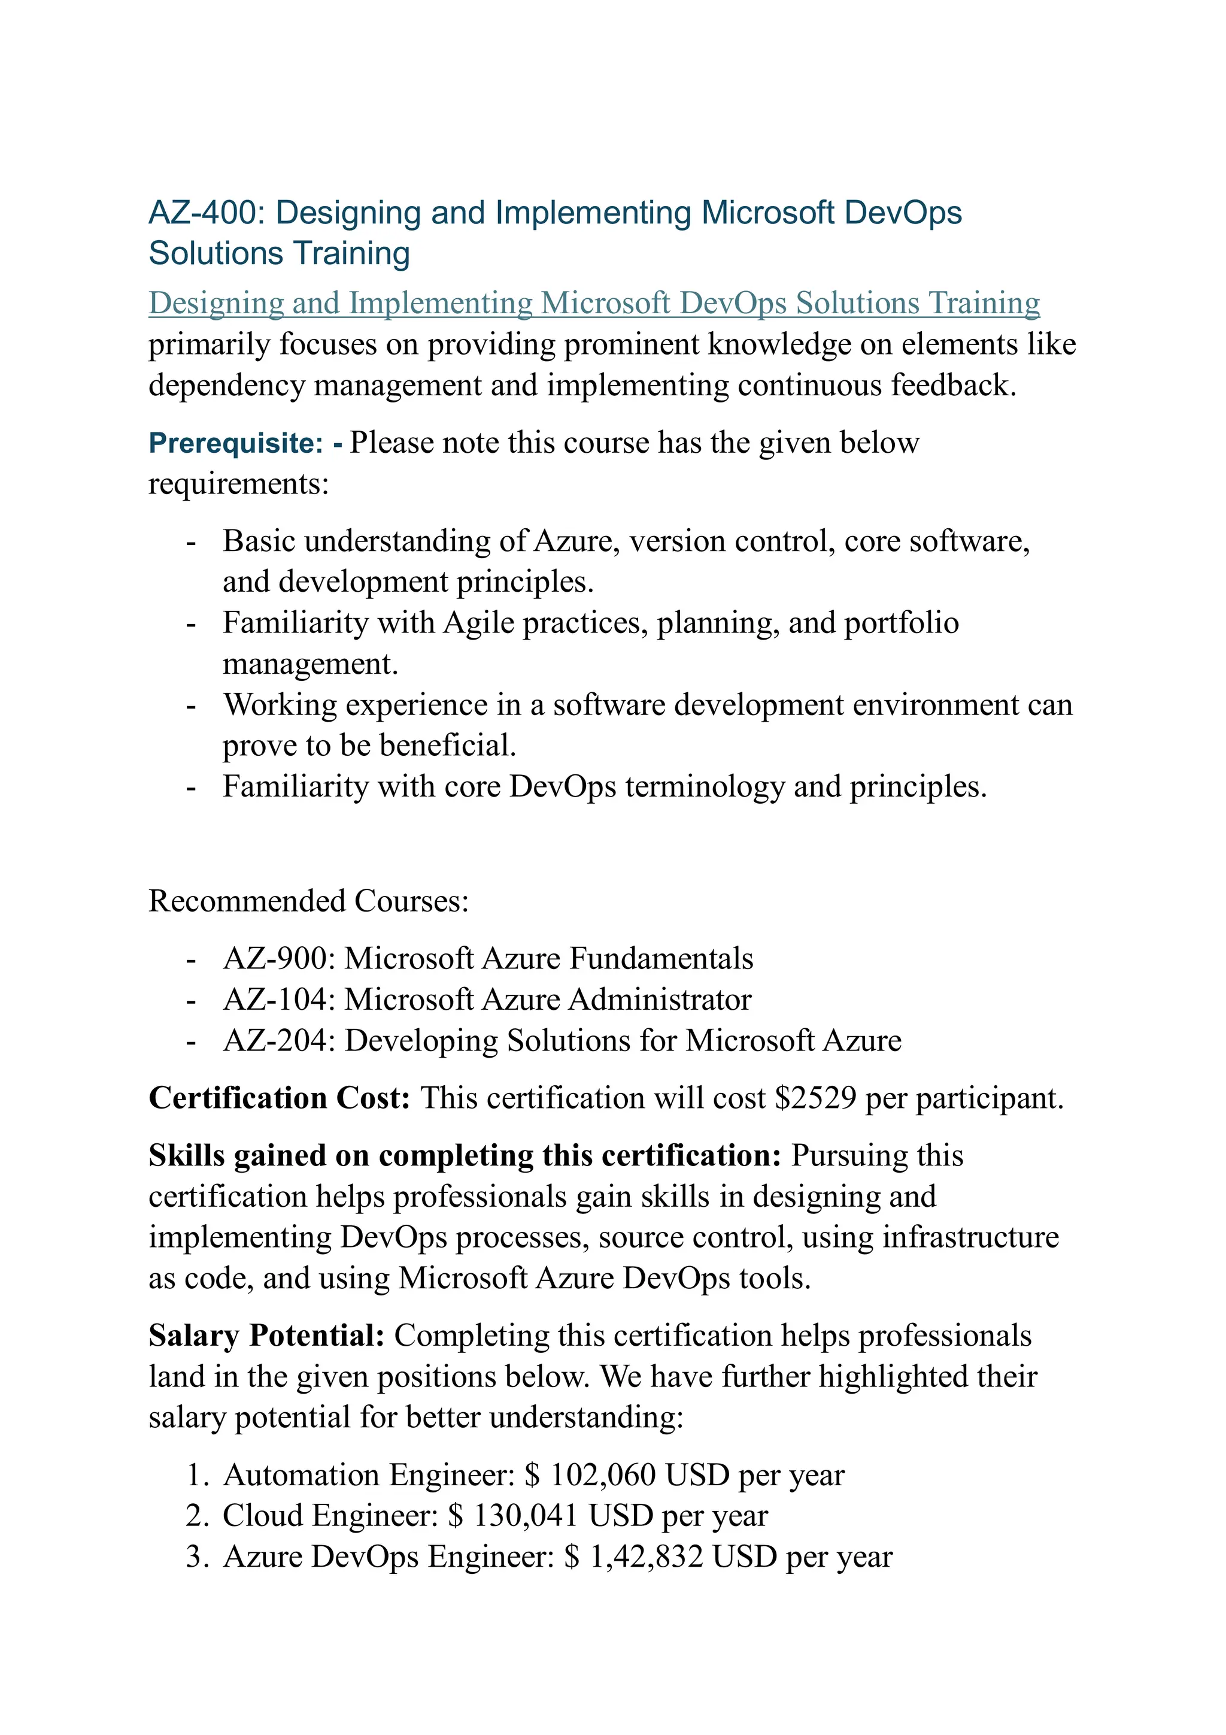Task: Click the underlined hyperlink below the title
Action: coord(594,303)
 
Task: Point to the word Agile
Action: coord(479,623)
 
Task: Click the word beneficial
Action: coord(447,746)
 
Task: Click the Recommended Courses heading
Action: coord(308,901)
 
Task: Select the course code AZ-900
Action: coord(278,959)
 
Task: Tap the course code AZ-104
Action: coord(278,1000)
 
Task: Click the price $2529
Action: coord(815,1098)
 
